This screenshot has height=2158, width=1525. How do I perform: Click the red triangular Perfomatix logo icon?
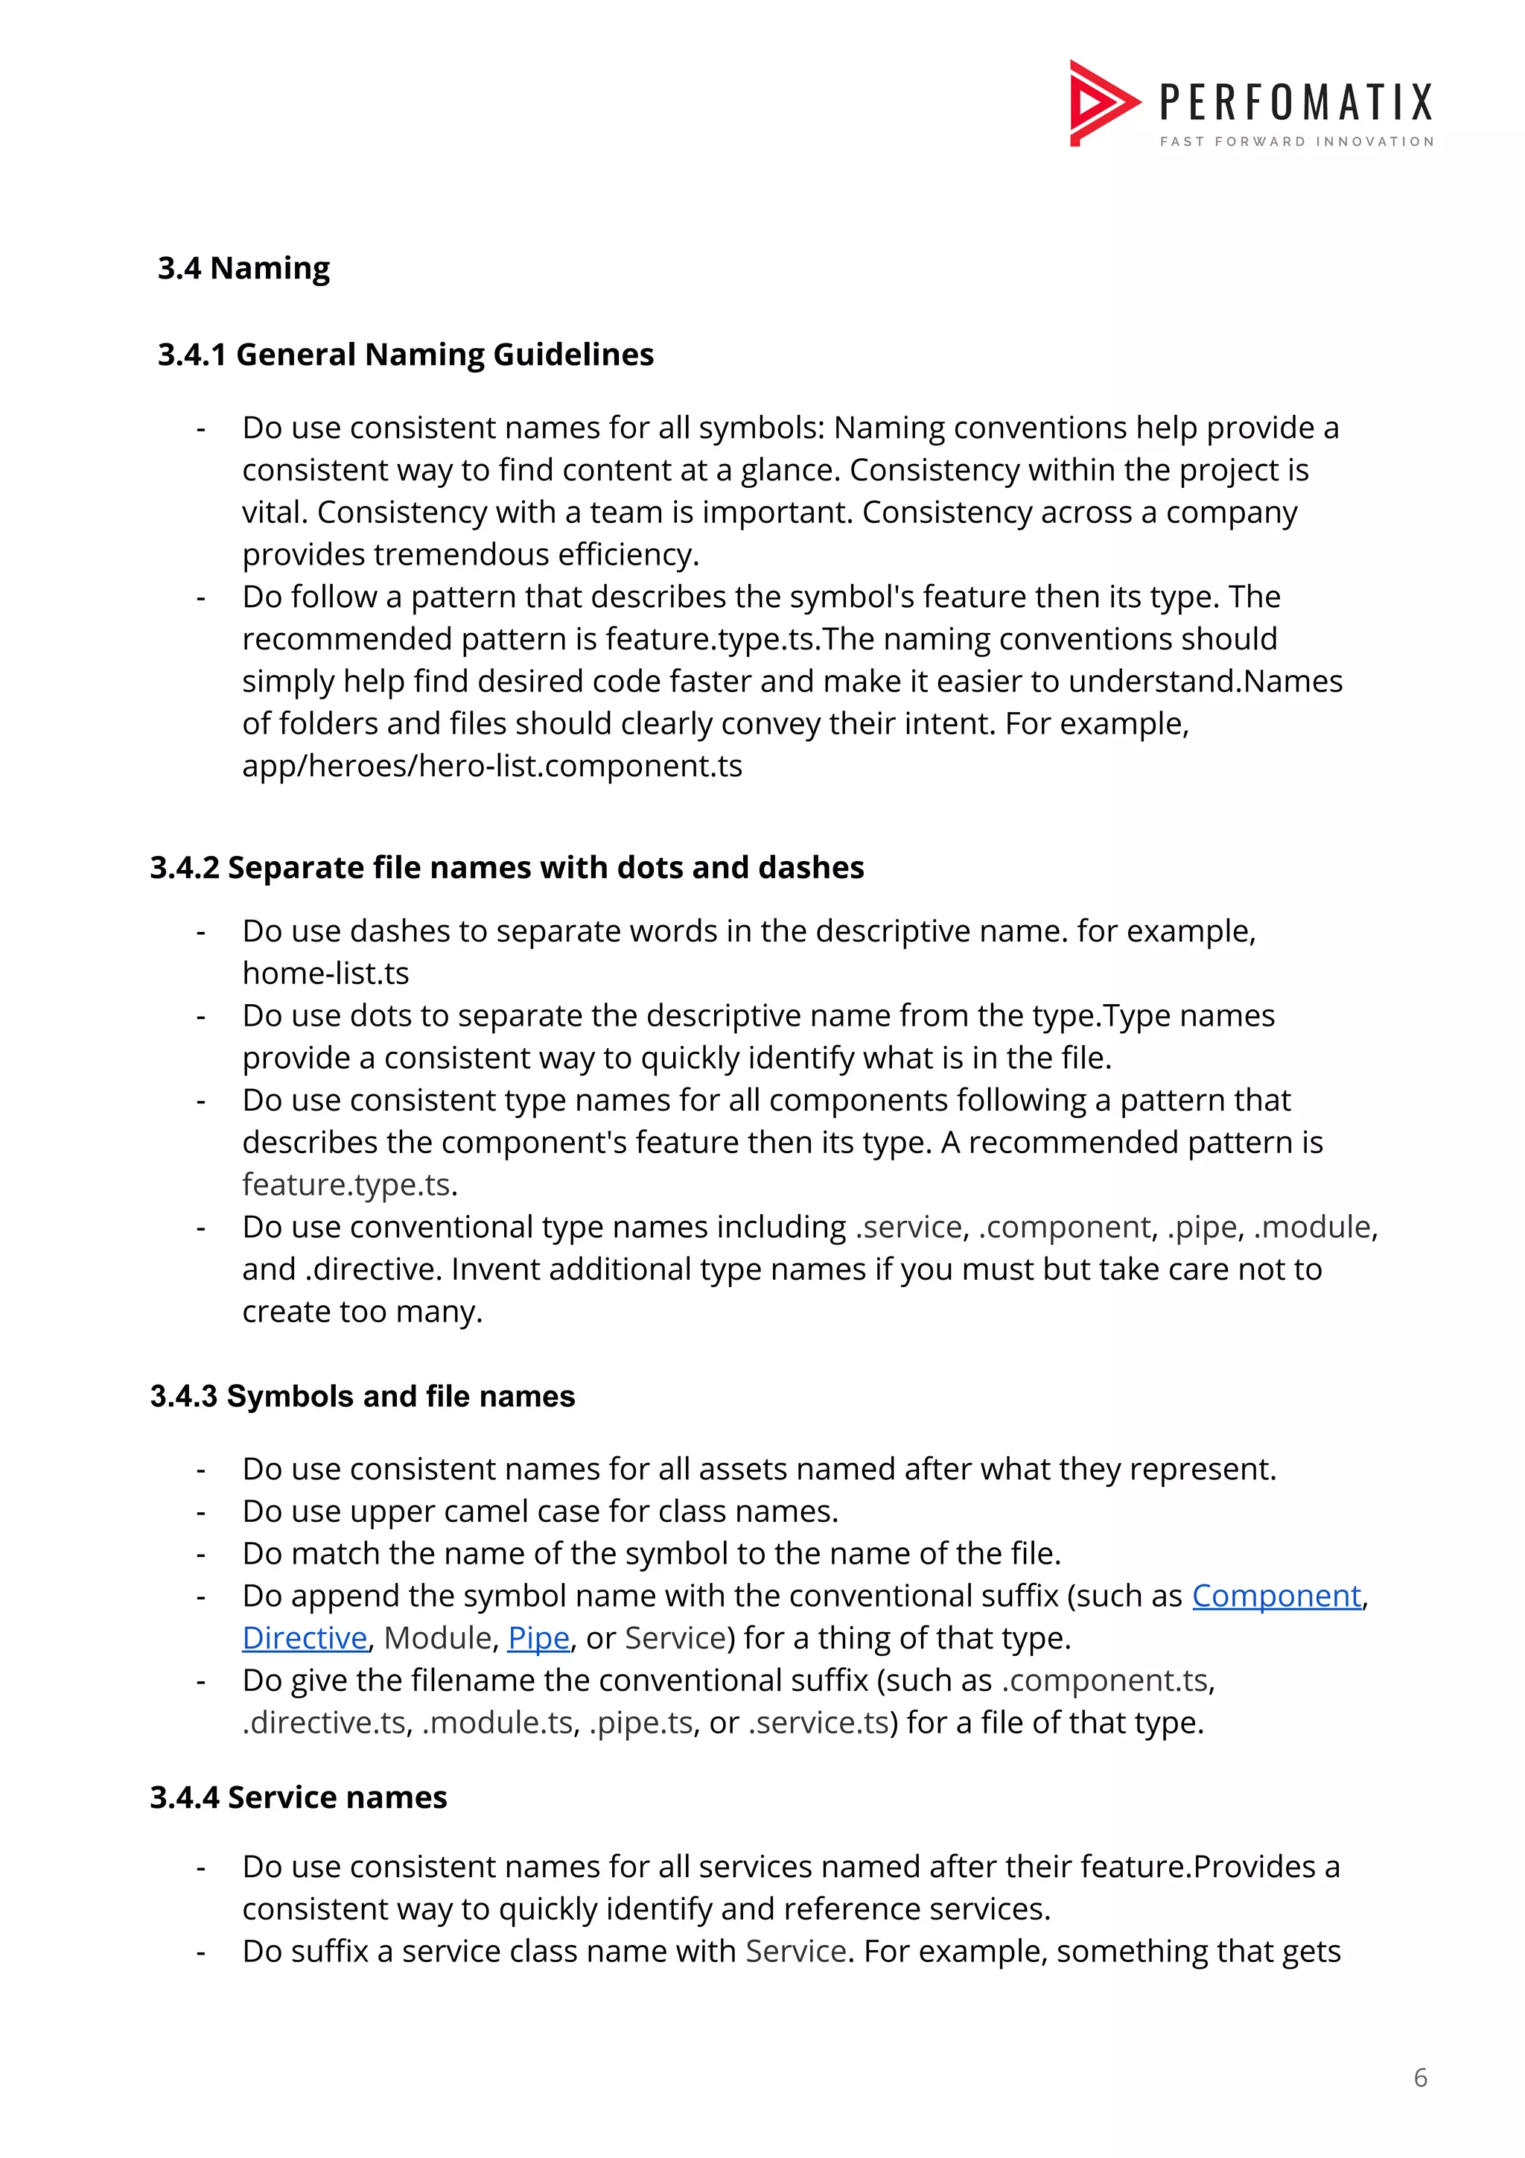(1099, 103)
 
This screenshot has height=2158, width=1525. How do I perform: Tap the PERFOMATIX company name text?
(1296, 103)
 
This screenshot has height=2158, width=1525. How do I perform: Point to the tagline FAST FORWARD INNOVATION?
(1296, 142)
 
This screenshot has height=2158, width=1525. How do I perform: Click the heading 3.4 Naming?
(243, 269)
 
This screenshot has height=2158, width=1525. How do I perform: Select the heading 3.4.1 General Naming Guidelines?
(405, 355)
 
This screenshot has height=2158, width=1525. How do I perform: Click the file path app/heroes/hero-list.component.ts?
(491, 766)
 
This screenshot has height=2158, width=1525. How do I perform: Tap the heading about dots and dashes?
(506, 868)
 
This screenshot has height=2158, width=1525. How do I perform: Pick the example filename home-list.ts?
(325, 974)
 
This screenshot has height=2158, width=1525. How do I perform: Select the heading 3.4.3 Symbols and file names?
(362, 1397)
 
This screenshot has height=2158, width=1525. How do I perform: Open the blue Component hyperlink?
(1276, 1596)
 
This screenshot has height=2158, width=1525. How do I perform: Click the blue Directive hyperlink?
(305, 1638)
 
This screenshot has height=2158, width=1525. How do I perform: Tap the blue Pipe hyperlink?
(538, 1638)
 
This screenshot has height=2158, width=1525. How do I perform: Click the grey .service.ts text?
(818, 1723)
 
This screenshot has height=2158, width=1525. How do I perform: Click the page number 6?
(1420, 2078)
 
